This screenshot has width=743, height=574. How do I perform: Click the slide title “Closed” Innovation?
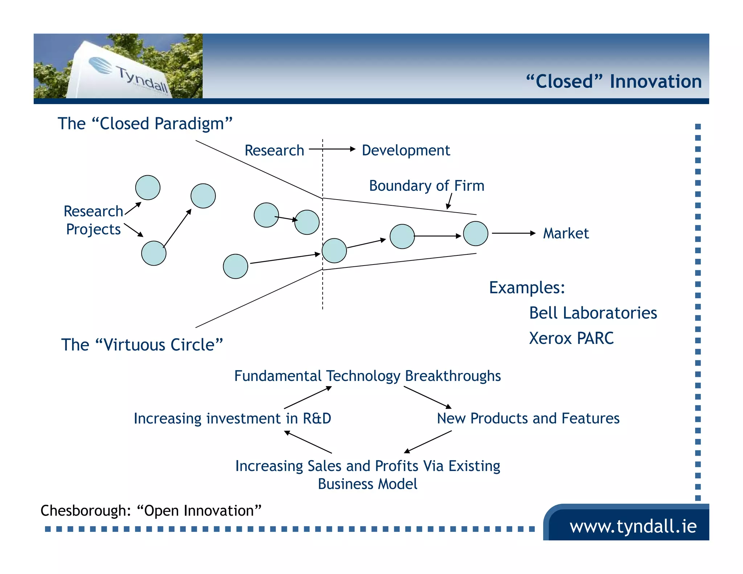pyautogui.click(x=614, y=81)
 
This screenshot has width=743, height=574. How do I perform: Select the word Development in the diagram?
pyautogui.click(x=406, y=150)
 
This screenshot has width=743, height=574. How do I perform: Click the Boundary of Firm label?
pyautogui.click(x=426, y=186)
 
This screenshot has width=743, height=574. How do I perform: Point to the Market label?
pyautogui.click(x=566, y=233)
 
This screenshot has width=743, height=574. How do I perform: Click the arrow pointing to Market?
pyautogui.click(x=513, y=233)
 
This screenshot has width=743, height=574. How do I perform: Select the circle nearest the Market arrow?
pyautogui.click(x=476, y=234)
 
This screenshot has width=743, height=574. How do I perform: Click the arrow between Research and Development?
pyautogui.click(x=332, y=149)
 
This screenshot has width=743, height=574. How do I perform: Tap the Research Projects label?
pyautogui.click(x=93, y=220)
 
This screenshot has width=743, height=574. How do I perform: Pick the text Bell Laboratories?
pyautogui.click(x=593, y=313)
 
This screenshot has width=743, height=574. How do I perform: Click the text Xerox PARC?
pyautogui.click(x=571, y=338)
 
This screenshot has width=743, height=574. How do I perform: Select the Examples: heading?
pyautogui.click(x=527, y=288)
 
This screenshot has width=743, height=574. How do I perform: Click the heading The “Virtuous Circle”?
pyautogui.click(x=142, y=345)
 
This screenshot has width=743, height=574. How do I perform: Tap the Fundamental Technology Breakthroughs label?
pyautogui.click(x=367, y=376)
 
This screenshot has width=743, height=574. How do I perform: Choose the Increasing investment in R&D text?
pyautogui.click(x=232, y=418)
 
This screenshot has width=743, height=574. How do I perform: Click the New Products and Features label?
pyautogui.click(x=528, y=418)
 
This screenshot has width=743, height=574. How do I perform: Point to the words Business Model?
pyautogui.click(x=367, y=484)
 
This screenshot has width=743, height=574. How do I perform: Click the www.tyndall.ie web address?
pyautogui.click(x=633, y=526)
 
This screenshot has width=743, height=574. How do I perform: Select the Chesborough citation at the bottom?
pyautogui.click(x=151, y=511)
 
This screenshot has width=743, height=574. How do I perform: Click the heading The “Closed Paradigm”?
pyautogui.click(x=145, y=124)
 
